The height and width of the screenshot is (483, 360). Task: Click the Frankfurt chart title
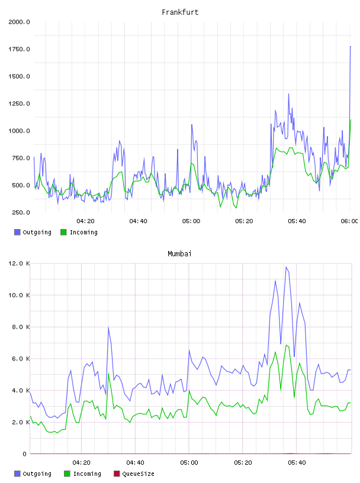pos(180,12)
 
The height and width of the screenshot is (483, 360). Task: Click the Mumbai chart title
pos(179,254)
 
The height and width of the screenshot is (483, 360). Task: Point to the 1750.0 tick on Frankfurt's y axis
pos(19,49)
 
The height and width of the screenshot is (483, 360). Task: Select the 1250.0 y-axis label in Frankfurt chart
pos(19,104)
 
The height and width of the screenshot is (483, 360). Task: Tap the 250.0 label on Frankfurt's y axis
pos(21,212)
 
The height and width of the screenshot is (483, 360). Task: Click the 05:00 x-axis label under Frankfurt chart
pos(191,221)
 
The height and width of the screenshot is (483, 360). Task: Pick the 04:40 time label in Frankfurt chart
pos(138,221)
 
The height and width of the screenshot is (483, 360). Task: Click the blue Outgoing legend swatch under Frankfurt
pos(17,232)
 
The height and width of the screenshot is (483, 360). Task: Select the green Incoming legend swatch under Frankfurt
pos(63,232)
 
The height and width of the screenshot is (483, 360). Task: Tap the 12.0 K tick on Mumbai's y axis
pos(19,263)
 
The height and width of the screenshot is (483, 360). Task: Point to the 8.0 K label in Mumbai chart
pos(21,327)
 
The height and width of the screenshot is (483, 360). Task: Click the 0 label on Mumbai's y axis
pos(24,454)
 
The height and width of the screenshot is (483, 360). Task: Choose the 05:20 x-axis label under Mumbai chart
pos(243,463)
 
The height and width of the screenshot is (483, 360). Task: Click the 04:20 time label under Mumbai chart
pos(81,463)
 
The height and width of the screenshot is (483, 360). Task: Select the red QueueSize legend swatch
pos(117,474)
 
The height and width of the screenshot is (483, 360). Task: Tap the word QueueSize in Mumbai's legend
pos(139,474)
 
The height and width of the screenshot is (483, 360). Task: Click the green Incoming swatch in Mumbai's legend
pos(67,474)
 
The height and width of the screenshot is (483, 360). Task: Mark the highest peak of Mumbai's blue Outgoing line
pos(286,267)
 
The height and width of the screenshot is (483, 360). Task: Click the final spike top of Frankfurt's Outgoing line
pos(351,47)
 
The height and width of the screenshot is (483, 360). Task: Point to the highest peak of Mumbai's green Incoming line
pos(287,345)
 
